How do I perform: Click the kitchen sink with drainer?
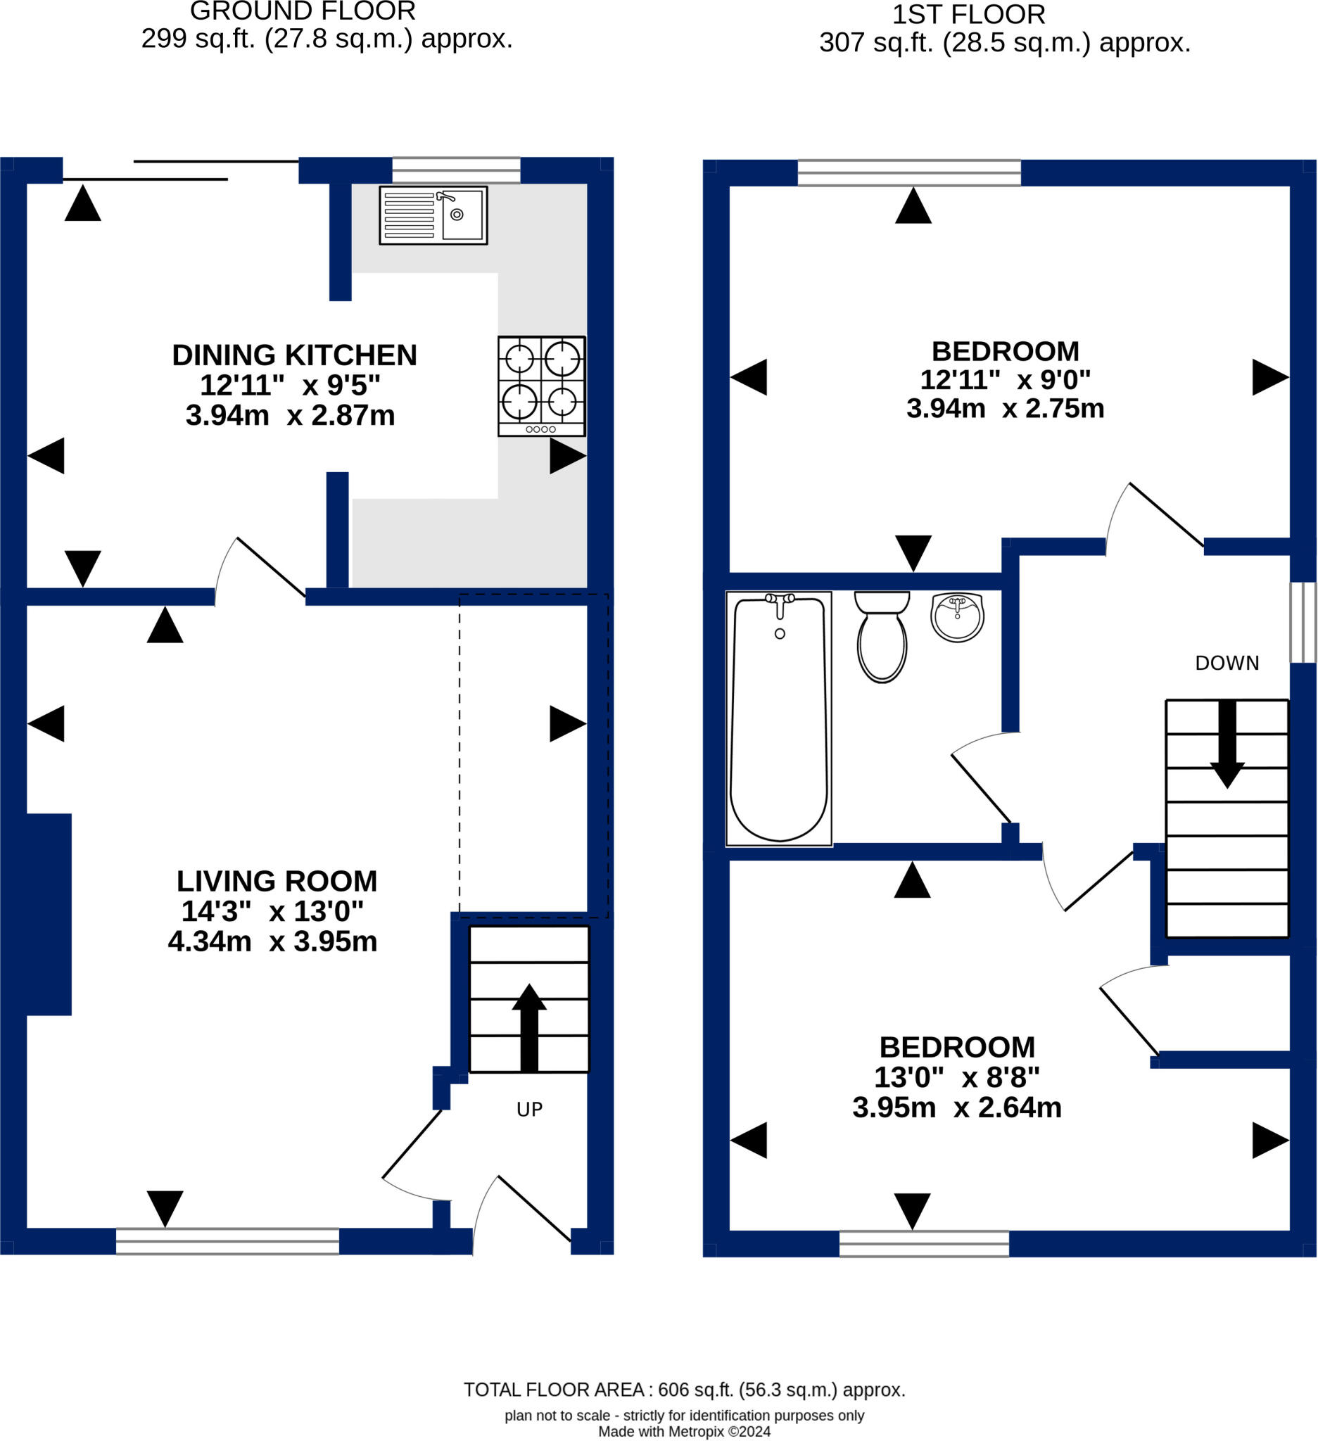[433, 215]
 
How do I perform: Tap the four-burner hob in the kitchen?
[542, 386]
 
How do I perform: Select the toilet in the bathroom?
[882, 637]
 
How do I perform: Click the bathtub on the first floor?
[779, 719]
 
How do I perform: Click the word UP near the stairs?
[530, 1110]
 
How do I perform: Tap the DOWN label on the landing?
[1227, 664]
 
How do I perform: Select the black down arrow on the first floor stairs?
[1227, 744]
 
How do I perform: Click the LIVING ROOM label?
[277, 882]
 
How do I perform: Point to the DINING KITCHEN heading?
[294, 355]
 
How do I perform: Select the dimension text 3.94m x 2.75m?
[1006, 409]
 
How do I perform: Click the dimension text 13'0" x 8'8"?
[957, 1077]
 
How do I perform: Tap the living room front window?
[227, 1242]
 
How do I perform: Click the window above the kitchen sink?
[456, 170]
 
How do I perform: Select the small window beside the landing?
[1303, 623]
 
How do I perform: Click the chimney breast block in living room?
[49, 915]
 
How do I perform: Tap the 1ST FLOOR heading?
[968, 14]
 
